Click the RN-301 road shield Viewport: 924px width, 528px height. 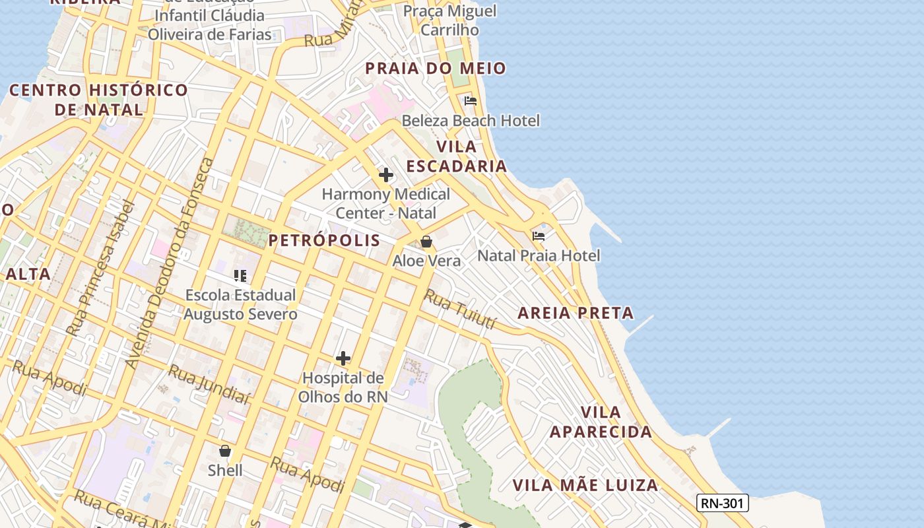(722, 504)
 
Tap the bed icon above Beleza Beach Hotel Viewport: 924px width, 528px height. (471, 101)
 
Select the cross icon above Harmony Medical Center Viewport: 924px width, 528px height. (386, 175)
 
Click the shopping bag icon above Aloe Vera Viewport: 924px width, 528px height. (426, 242)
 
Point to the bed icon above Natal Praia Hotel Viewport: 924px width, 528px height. (539, 236)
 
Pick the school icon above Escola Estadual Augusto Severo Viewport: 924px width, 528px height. (240, 275)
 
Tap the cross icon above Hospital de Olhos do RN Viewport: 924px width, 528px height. (343, 358)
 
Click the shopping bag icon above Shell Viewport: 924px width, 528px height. (225, 451)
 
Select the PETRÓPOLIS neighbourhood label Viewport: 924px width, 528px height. (324, 240)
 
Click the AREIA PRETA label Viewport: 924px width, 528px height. (576, 313)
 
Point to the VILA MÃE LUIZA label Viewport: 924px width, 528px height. (585, 486)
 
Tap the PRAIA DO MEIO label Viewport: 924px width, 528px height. (436, 68)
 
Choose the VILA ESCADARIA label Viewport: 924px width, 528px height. (456, 156)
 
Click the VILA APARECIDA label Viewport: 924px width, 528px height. (601, 422)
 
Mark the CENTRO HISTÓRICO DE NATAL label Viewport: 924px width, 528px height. (99, 100)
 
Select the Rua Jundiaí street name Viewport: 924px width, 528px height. (209, 384)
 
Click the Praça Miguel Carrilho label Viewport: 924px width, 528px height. (449, 20)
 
